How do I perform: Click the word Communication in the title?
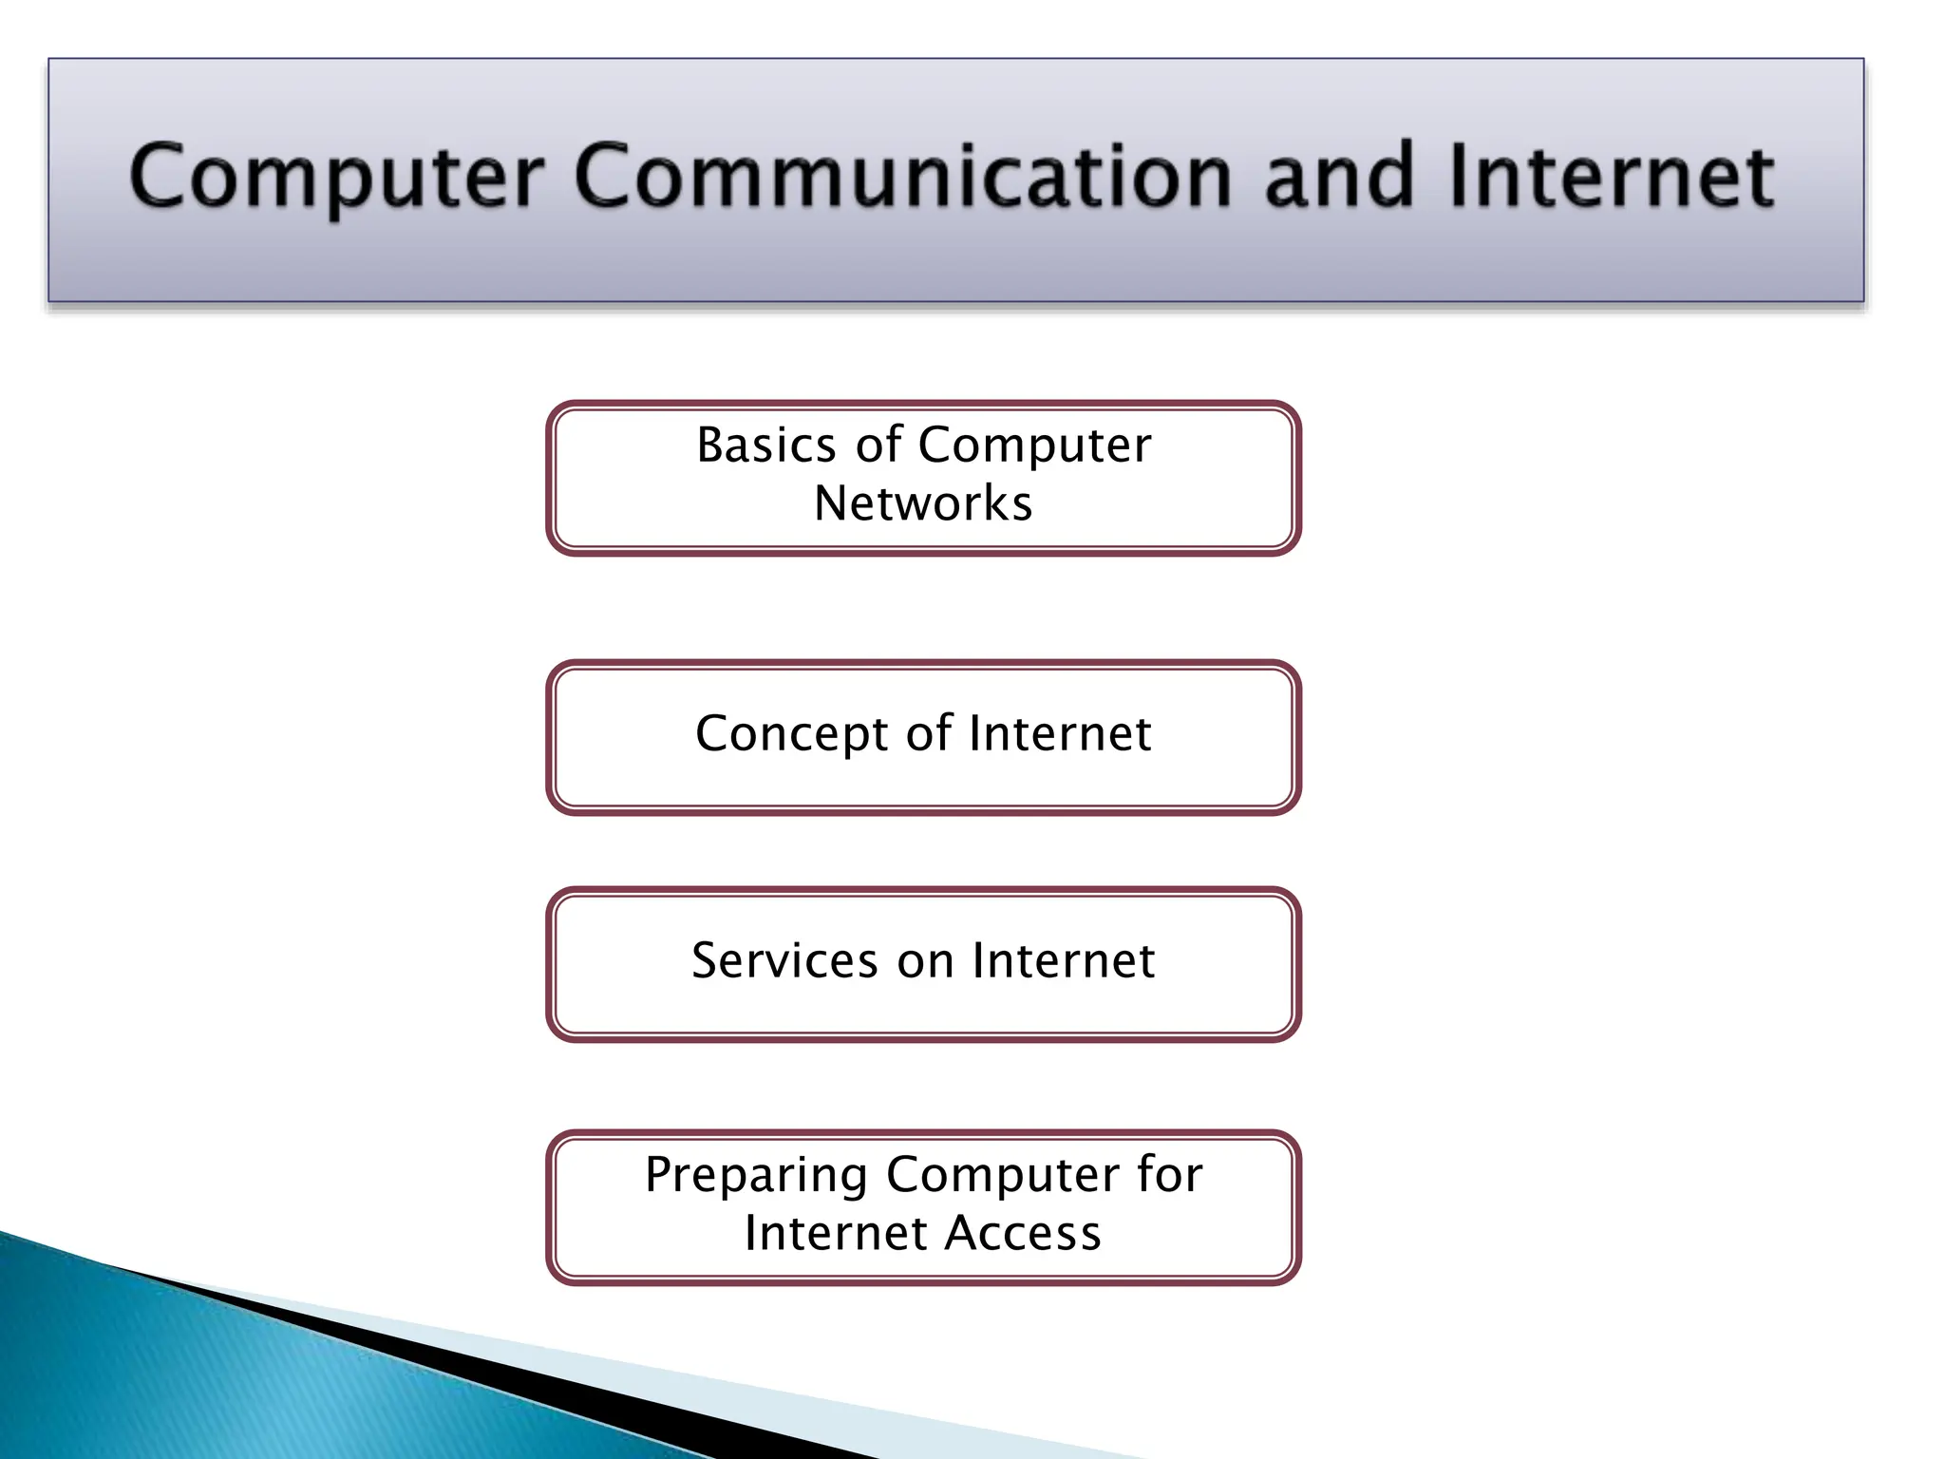pyautogui.click(x=902, y=178)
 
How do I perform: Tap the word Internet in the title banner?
pyautogui.click(x=1611, y=178)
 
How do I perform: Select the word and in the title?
pyautogui.click(x=1339, y=178)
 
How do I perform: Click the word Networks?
pyautogui.click(x=923, y=503)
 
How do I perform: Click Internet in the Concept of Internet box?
pyautogui.click(x=1061, y=734)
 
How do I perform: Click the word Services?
pyautogui.click(x=784, y=960)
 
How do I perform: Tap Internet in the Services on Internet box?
pyautogui.click(x=1064, y=960)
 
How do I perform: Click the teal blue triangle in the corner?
pyautogui.click(x=190, y=1377)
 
